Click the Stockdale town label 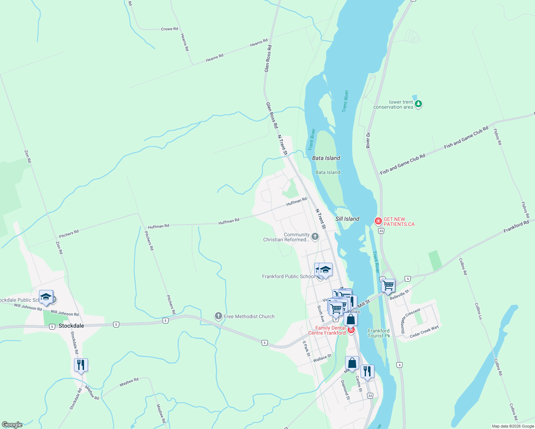(x=71, y=326)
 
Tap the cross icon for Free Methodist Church (x=218, y=316)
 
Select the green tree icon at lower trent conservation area (x=418, y=104)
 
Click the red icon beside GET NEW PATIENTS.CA (x=378, y=221)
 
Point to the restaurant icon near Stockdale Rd (x=81, y=365)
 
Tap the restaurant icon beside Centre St (x=367, y=371)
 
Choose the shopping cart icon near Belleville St (x=388, y=286)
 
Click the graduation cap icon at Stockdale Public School (x=46, y=297)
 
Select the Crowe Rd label (x=169, y=29)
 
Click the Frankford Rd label (x=516, y=226)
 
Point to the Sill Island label (x=347, y=219)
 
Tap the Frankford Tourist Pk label (x=379, y=333)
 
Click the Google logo (x=12, y=424)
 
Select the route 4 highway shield (x=399, y=365)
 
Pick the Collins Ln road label (x=478, y=311)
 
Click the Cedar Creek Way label (x=424, y=332)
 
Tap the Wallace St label (x=322, y=358)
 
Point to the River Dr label (x=368, y=140)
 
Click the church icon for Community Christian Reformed (x=315, y=236)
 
